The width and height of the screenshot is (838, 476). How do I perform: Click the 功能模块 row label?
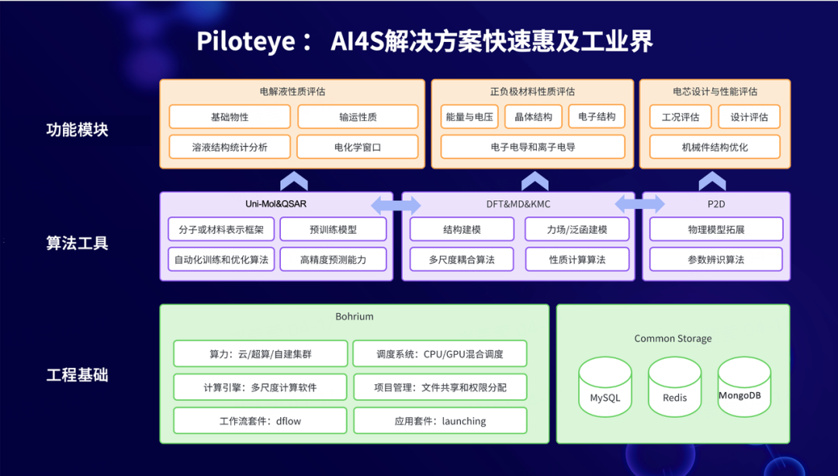(77, 130)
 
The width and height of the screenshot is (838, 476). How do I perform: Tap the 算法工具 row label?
(77, 243)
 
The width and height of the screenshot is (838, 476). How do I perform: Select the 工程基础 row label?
(77, 375)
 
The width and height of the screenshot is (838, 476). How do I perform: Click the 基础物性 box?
(230, 117)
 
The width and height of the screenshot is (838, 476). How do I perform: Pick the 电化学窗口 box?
(358, 147)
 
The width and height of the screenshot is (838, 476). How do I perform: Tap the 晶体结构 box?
(533, 117)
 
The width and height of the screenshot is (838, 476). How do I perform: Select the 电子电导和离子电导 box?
(532, 147)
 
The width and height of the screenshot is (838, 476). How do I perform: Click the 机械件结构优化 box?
(715, 147)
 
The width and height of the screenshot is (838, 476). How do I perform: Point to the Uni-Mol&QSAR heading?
(275, 204)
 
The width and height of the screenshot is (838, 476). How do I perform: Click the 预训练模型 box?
(333, 230)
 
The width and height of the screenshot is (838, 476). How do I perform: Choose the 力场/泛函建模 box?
(577, 230)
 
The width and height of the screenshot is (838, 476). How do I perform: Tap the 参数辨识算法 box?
(715, 259)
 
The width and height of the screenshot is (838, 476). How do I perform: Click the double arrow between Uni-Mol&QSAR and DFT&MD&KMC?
(396, 206)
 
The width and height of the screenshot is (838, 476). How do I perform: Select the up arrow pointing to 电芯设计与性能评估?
(712, 181)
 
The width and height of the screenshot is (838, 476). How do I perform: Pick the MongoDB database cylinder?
(744, 387)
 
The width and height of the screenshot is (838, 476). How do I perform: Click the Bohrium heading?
(354, 317)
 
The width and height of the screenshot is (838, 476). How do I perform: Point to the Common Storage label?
(673, 339)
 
